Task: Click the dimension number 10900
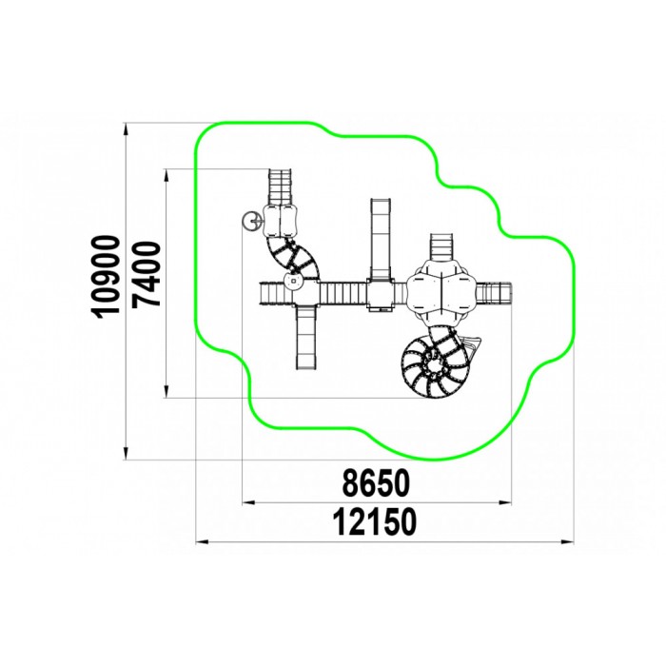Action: click(106, 277)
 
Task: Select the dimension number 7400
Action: click(146, 274)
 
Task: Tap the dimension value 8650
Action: click(376, 483)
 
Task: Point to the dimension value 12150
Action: click(374, 522)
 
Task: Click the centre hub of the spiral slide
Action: click(434, 364)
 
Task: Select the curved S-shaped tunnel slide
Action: click(292, 255)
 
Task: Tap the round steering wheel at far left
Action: click(250, 221)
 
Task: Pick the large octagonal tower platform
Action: click(441, 293)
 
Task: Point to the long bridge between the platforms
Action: click(343, 293)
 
